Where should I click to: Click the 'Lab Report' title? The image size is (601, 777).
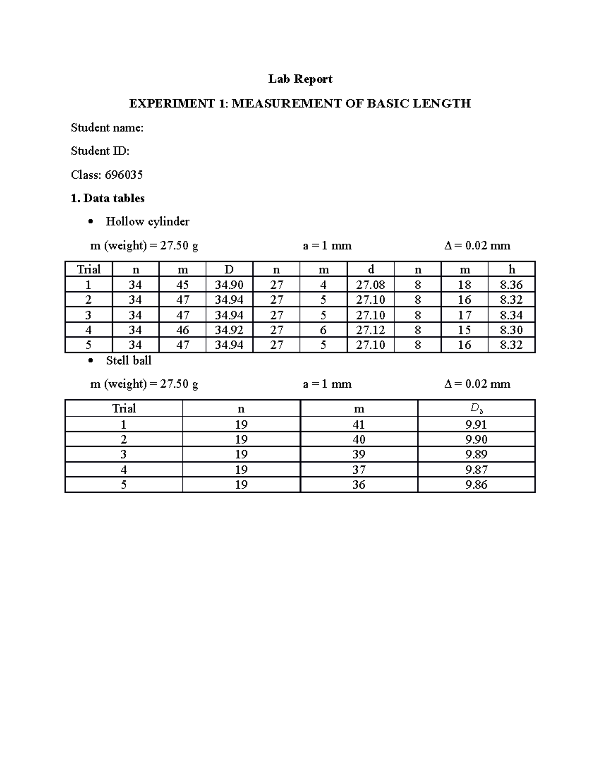coord(300,79)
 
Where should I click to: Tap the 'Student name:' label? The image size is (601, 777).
coord(107,128)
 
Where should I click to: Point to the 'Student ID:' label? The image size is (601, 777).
coord(100,151)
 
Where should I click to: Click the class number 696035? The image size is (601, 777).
coord(123,175)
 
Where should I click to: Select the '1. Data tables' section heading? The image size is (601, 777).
coord(107,198)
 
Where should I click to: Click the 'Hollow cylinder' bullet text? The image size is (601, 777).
coord(147,221)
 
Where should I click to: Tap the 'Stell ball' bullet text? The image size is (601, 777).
coord(128,360)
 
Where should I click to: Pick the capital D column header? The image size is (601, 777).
coord(229,270)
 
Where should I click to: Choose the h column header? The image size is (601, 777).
coord(511,270)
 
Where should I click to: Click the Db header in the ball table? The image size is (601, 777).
coord(476,409)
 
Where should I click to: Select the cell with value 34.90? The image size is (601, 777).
coord(229,285)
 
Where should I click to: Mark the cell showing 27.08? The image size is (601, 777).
coord(370,285)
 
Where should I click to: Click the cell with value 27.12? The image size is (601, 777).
coord(370,330)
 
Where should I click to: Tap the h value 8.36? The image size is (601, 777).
coord(511,285)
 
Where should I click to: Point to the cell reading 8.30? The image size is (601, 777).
coord(511,330)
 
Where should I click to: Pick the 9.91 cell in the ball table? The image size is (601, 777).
coord(476,425)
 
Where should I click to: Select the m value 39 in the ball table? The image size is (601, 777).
coord(359,454)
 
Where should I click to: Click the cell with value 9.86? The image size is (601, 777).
coord(476,485)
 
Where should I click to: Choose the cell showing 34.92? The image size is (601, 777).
coord(229,330)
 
